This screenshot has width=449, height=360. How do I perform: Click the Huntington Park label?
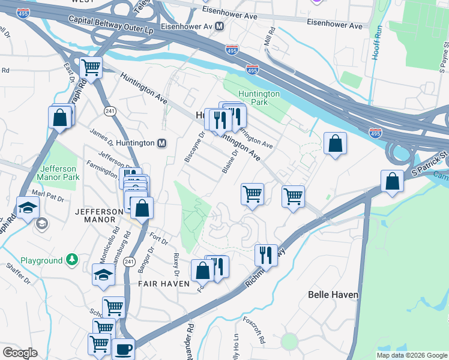[x=259, y=98]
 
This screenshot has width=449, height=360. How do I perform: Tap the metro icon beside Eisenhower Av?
[x=220, y=26]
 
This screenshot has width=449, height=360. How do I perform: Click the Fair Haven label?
[x=160, y=283]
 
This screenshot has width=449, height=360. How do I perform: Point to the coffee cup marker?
[x=124, y=349]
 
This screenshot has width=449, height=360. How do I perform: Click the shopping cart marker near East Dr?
[x=91, y=68]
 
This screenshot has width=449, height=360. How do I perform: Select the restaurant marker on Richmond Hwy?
[x=265, y=254]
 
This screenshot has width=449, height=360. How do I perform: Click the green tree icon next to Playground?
[x=72, y=260]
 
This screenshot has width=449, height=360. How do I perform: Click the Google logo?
[x=20, y=353]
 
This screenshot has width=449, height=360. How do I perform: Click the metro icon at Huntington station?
[x=161, y=143]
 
